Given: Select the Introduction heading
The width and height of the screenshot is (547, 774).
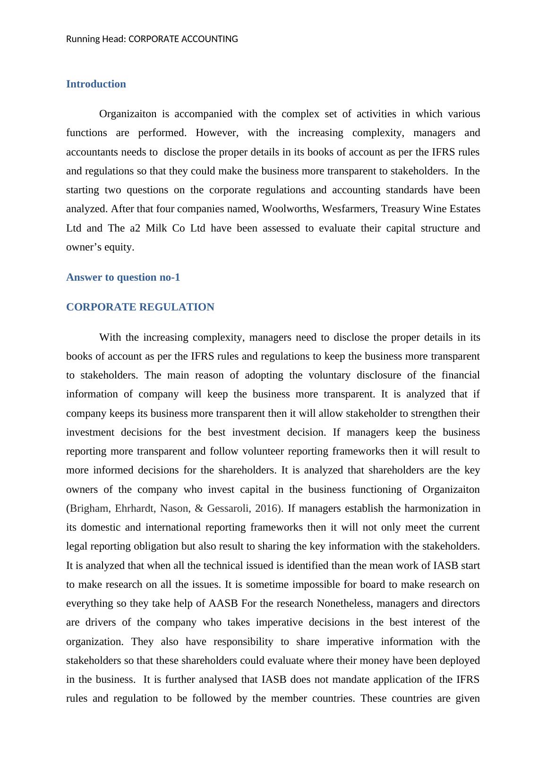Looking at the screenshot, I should coord(96,84).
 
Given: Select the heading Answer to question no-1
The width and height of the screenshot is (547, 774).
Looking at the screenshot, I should coord(123,277).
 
